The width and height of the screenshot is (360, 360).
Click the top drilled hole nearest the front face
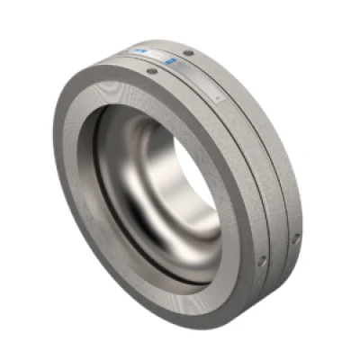(x=150, y=71)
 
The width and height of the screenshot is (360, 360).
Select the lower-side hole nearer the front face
(x=262, y=261)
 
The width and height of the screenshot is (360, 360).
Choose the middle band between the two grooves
(x=256, y=171)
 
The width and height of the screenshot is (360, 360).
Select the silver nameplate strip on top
(x=180, y=67)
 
